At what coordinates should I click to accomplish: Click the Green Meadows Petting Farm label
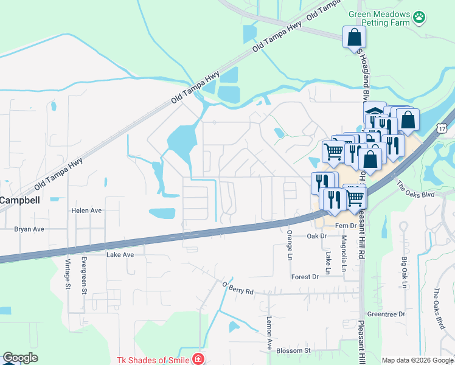[380, 18]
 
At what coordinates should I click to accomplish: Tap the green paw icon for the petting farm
[419, 18]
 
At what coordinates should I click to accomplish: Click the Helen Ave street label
[86, 210]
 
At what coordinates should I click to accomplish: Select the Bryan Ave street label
[30, 229]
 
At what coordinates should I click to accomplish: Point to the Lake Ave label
[120, 255]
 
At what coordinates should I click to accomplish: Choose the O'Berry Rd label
[238, 288]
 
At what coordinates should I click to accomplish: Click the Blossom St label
[294, 351]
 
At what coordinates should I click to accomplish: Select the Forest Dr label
[305, 277]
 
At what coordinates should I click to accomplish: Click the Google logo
[21, 358]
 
